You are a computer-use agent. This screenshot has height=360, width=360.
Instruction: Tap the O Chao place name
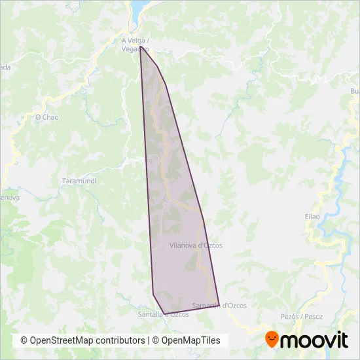(46, 117)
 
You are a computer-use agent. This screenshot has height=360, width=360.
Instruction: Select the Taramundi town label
(79, 181)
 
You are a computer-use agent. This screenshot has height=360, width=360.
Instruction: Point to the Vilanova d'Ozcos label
(196, 245)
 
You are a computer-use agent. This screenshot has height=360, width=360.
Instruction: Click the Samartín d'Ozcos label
(219, 305)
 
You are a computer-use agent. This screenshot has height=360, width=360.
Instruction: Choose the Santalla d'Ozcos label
(164, 314)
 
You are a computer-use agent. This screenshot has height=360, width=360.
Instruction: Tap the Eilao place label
(312, 216)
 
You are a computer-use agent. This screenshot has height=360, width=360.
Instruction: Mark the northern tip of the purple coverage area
(140, 47)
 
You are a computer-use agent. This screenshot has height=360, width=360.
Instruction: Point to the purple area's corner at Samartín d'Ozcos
(219, 306)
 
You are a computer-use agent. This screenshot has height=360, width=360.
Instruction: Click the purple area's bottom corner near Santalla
(162, 314)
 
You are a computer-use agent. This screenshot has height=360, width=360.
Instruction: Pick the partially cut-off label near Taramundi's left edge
(9, 197)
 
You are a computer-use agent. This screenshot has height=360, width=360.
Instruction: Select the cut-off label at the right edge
(355, 91)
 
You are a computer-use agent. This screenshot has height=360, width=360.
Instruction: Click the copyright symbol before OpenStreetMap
(24, 340)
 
